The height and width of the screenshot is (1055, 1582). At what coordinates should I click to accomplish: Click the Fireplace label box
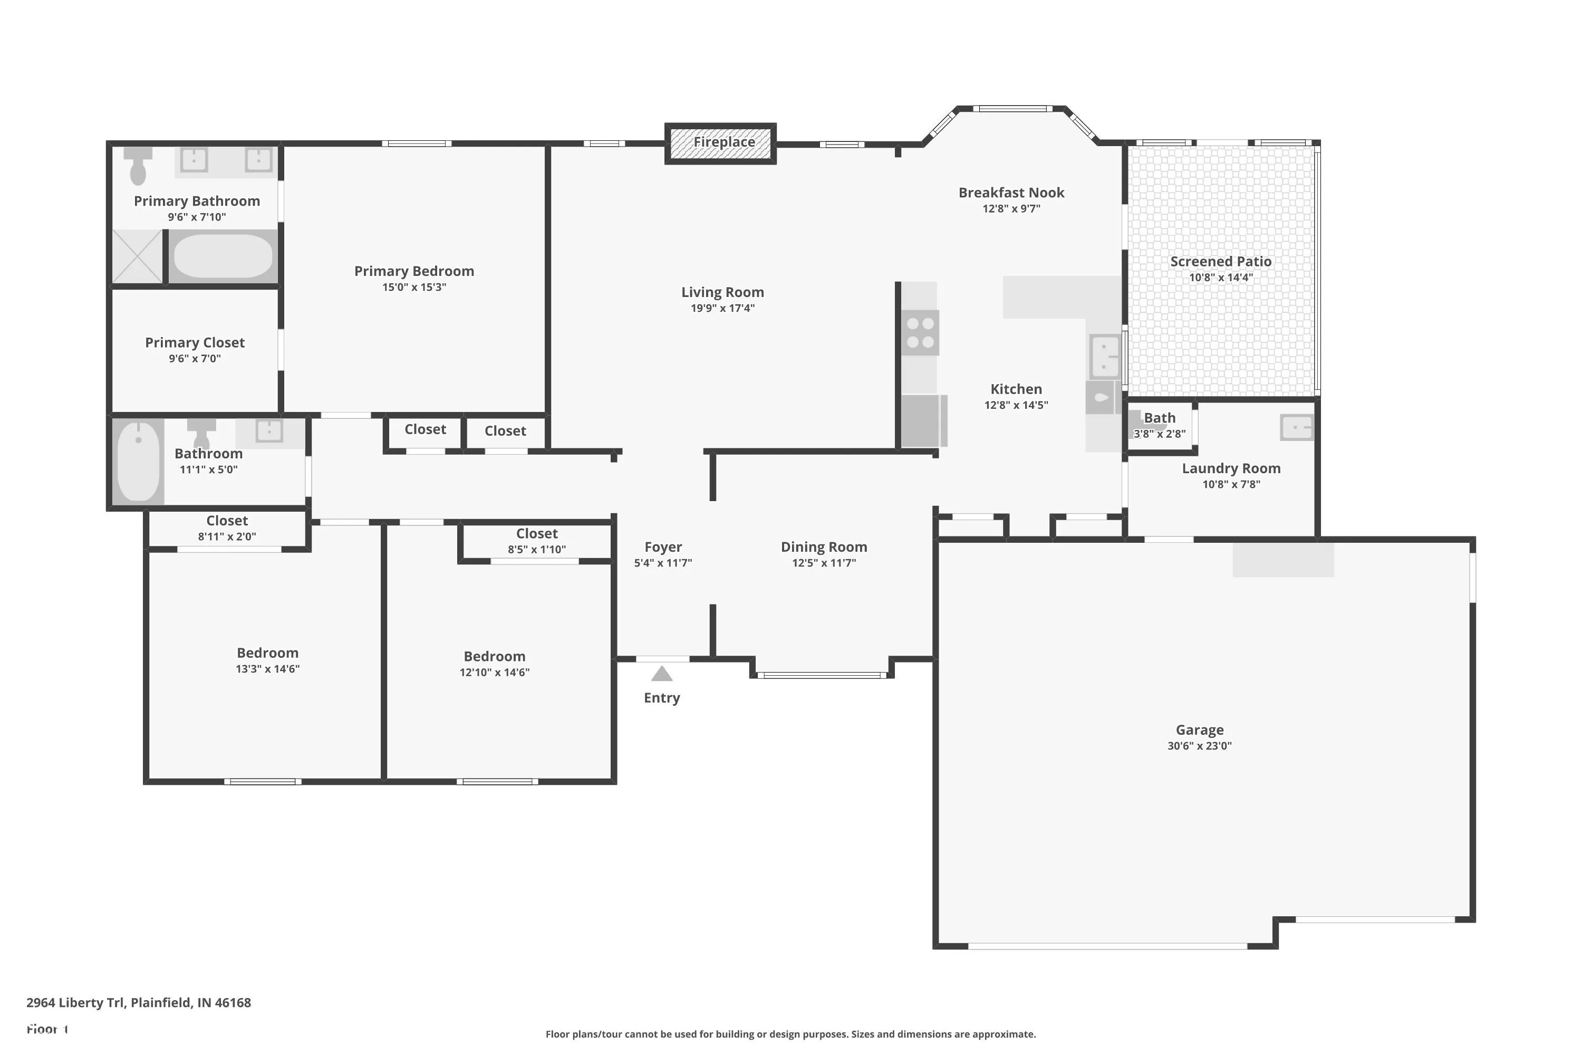(720, 143)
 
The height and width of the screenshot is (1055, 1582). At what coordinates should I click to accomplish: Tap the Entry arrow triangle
(662, 674)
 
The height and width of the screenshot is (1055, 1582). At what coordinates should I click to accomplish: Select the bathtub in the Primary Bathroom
(223, 256)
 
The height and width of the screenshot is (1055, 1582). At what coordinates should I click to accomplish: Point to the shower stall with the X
(137, 256)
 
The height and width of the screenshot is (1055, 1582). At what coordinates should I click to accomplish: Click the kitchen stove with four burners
(920, 332)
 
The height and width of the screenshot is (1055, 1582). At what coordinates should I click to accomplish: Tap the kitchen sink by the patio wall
(1105, 355)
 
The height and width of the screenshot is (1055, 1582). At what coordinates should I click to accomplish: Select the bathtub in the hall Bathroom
(139, 461)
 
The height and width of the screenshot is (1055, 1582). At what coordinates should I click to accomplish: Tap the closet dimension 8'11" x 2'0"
(227, 537)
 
